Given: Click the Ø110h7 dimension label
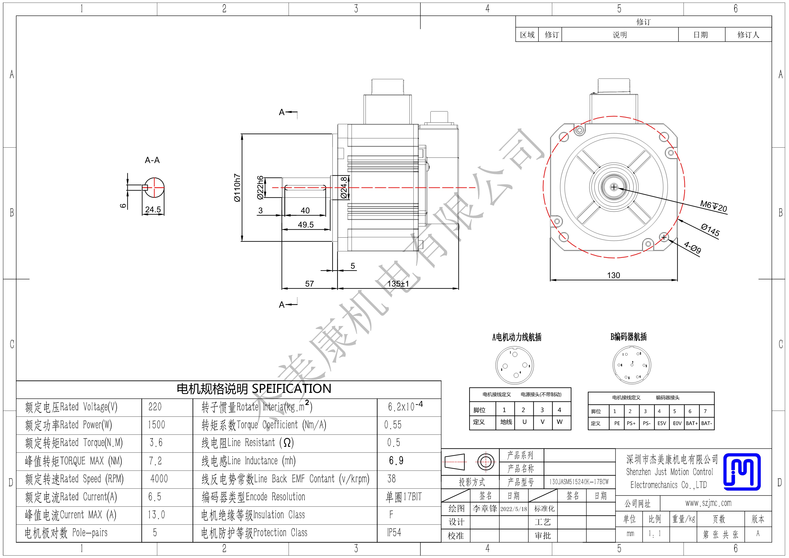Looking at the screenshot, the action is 237,188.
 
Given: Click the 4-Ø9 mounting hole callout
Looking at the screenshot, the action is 693,247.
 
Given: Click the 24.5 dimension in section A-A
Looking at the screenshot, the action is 153,209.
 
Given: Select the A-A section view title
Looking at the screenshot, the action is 152,160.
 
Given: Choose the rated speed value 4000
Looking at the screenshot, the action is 159,479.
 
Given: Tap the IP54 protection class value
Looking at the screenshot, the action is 394,533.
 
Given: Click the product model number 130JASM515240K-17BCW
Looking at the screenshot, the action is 579,482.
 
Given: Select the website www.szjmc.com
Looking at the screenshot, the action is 708,503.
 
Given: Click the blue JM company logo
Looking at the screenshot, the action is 742,472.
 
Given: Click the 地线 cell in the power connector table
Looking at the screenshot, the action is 506,422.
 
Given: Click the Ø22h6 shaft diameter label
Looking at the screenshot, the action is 260,188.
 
